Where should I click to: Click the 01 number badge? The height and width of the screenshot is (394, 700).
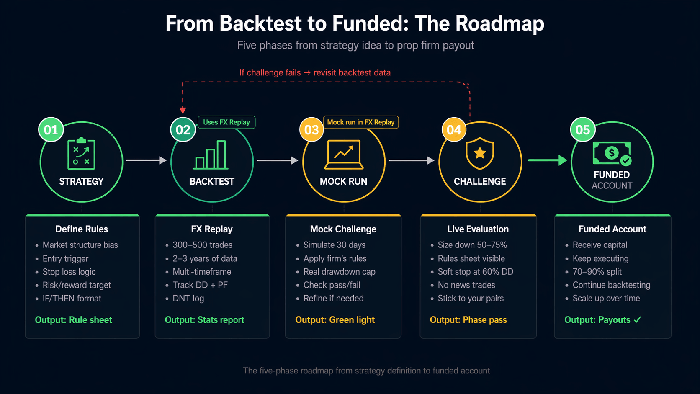pos(51,130)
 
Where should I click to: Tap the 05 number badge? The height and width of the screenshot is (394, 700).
pos(582,130)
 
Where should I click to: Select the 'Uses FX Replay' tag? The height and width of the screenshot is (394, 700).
pos(226,122)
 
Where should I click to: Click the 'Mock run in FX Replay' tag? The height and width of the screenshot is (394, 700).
pos(360,122)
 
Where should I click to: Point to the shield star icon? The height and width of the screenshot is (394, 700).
pos(480,153)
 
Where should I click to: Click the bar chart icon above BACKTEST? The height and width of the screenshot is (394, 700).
pos(211,155)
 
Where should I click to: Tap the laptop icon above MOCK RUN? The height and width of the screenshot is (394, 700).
pos(344,155)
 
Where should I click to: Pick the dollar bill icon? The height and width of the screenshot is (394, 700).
pos(612,153)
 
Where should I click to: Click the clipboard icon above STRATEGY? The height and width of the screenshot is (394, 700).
pos(81,154)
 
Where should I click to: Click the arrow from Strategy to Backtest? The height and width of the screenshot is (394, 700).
pos(146,160)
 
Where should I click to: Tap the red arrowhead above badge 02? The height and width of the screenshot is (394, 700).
pos(183,110)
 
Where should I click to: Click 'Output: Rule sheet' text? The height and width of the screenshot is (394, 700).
pos(74,320)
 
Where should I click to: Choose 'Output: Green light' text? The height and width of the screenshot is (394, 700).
pos(335,320)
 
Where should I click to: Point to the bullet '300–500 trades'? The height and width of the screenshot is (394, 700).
pos(202,245)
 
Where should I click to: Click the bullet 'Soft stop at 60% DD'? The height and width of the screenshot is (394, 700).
pos(475,272)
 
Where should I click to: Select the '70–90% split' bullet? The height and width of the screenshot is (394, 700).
pos(597,272)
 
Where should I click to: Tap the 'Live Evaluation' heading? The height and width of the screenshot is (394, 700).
pos(478,229)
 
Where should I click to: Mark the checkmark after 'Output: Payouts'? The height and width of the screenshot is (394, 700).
pos(637,319)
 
